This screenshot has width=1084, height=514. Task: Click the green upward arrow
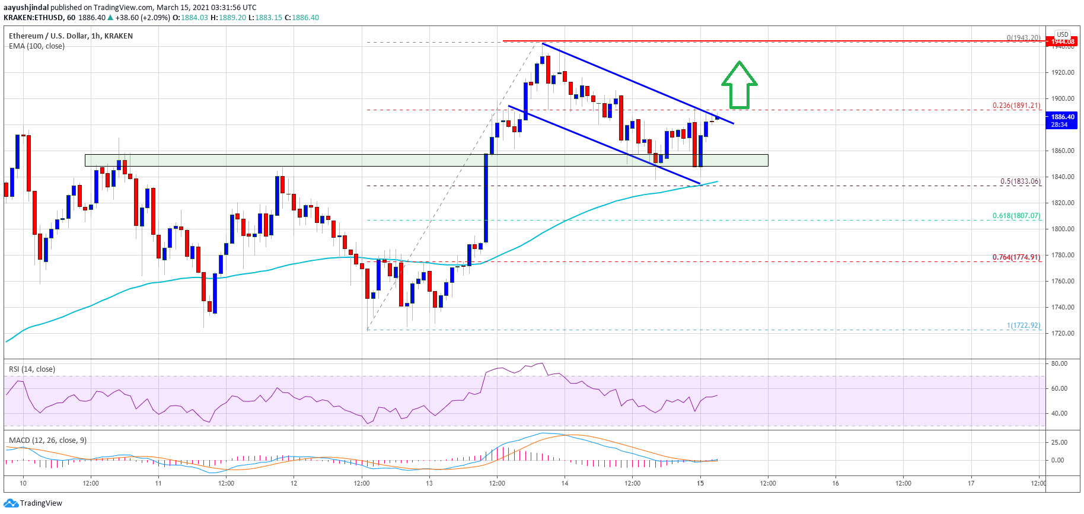click(x=739, y=85)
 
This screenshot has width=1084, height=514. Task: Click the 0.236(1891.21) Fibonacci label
click(x=1016, y=106)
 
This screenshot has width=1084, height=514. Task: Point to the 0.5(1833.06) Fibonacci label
click(x=1020, y=181)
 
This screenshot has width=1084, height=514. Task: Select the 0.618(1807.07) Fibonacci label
click(x=1016, y=216)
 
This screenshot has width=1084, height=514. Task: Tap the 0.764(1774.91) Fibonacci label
click(x=1016, y=257)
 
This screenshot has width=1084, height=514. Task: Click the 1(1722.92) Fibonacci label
click(x=1023, y=325)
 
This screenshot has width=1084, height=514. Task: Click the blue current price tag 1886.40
click(x=1062, y=120)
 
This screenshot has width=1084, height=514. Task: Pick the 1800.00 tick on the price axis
click(x=1063, y=229)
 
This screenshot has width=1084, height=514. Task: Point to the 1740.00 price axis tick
click(x=1063, y=307)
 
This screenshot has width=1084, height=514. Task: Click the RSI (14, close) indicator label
click(x=32, y=369)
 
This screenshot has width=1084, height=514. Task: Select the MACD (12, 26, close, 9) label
click(x=47, y=440)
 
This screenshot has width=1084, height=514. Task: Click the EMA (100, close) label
click(x=37, y=46)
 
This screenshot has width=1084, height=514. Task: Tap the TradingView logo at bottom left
click(x=33, y=503)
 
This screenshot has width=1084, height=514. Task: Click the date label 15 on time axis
click(x=700, y=483)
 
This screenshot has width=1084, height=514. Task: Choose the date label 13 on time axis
click(x=429, y=483)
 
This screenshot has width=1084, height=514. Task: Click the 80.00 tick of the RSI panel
click(x=1059, y=363)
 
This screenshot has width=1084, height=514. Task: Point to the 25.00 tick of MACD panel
click(x=1059, y=442)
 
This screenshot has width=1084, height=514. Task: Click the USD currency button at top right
click(x=1062, y=34)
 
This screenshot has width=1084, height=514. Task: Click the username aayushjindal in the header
click(x=26, y=8)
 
